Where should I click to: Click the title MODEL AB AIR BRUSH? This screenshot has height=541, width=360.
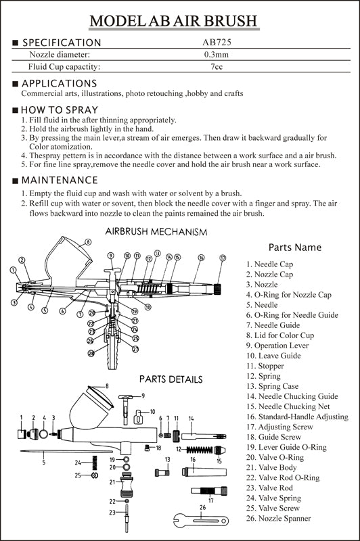(x=174, y=21)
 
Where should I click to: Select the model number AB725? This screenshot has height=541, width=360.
(x=217, y=42)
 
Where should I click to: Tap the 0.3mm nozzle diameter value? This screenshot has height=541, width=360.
(x=217, y=55)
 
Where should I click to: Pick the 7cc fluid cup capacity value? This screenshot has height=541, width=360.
(x=217, y=66)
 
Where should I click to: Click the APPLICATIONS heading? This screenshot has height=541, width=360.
(x=59, y=83)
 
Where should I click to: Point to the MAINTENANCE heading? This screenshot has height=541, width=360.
(x=60, y=180)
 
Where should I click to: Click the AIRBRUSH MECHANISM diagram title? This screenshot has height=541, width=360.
(x=156, y=231)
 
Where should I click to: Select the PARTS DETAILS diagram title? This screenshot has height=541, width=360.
(x=171, y=379)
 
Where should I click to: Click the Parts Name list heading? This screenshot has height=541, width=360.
(x=295, y=248)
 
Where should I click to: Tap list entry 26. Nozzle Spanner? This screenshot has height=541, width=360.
(x=279, y=518)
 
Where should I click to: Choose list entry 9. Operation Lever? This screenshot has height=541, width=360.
(x=277, y=346)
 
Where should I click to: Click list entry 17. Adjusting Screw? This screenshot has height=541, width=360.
(x=279, y=427)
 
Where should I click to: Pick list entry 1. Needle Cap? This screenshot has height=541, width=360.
(x=269, y=264)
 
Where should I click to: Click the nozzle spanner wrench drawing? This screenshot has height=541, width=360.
(x=201, y=520)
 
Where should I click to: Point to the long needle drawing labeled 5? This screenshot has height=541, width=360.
(x=66, y=451)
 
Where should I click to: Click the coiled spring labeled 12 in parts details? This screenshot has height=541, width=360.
(x=199, y=450)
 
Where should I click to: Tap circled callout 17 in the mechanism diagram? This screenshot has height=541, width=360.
(x=223, y=258)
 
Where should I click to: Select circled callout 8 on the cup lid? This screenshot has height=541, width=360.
(x=89, y=242)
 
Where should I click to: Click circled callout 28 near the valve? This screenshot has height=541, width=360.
(x=91, y=353)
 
